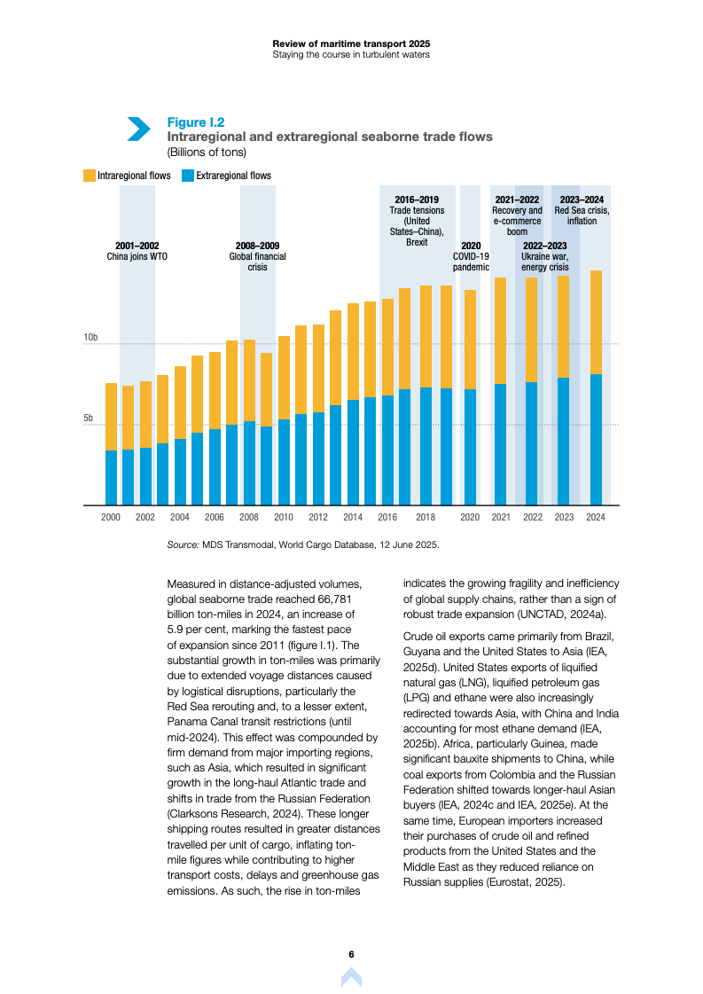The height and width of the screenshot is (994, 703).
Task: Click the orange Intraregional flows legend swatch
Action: click(90, 176)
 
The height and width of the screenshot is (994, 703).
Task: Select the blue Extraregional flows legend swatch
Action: click(188, 176)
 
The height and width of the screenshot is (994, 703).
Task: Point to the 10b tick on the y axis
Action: click(90, 338)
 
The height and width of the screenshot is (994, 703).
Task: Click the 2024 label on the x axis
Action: click(596, 517)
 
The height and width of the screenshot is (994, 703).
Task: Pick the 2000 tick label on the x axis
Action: click(111, 517)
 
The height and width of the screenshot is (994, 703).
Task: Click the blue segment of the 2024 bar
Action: click(596, 440)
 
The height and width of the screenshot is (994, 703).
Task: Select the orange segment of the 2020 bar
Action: click(470, 340)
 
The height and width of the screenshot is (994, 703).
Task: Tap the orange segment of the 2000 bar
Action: click(111, 417)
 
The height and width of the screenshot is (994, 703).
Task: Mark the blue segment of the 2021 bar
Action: click(500, 444)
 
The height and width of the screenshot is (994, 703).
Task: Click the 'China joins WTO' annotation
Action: click(137, 256)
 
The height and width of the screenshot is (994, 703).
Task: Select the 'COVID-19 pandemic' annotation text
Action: click(471, 261)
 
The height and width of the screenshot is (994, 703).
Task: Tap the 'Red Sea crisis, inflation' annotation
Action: click(582, 215)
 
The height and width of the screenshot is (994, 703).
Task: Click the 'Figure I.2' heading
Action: click(196, 122)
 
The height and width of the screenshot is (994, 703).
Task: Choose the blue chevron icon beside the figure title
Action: click(138, 129)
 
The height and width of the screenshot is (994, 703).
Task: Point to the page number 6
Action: click(351, 954)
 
